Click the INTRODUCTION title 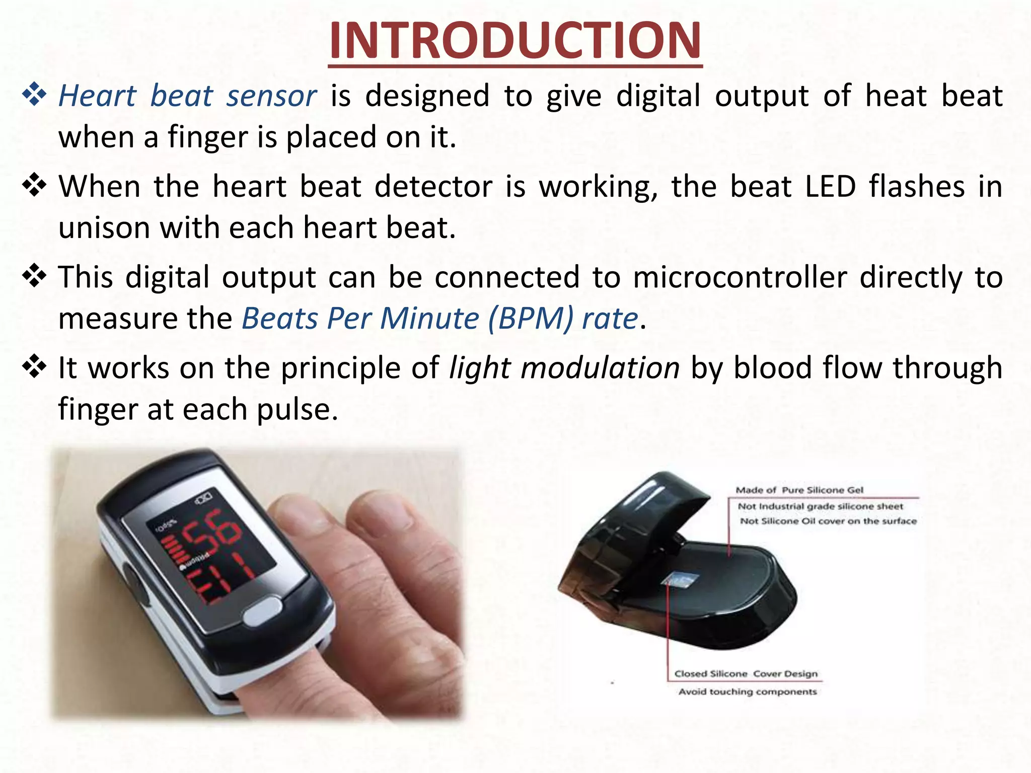pyautogui.click(x=515, y=41)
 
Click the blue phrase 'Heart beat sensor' pyautogui.click(x=187, y=96)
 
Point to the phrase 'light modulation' pyautogui.click(x=564, y=368)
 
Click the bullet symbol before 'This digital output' pyautogui.click(x=34, y=276)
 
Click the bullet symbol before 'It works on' pyautogui.click(x=34, y=367)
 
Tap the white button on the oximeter pyautogui.click(x=263, y=610)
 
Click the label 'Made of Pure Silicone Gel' pyautogui.click(x=799, y=490)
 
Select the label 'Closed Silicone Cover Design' pyautogui.click(x=746, y=673)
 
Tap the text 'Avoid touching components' pyautogui.click(x=747, y=691)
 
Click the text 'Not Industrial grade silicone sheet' pyautogui.click(x=820, y=506)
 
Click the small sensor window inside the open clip pyautogui.click(x=679, y=580)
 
